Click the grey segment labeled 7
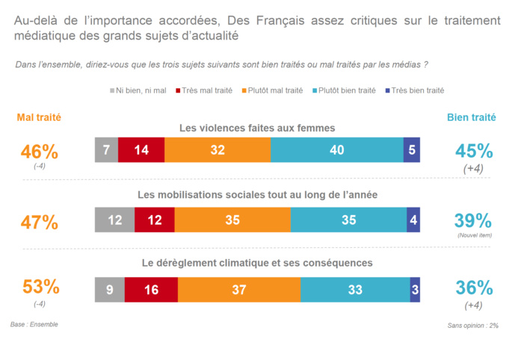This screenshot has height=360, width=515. point(106,150)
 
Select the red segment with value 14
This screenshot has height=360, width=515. point(141,150)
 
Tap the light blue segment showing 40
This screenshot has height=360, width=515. point(336,150)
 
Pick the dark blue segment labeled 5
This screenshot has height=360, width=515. point(412,150)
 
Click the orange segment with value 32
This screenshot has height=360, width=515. point(218,150)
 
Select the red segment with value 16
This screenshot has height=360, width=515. point(151,289)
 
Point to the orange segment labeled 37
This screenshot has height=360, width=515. point(239,289)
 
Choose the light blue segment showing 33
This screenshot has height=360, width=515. point(355,289)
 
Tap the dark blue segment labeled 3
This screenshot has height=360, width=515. point(415,289)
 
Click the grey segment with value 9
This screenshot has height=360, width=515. point(110,289)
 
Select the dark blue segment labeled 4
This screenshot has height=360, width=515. point(413,220)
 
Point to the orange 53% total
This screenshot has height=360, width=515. point(40,287)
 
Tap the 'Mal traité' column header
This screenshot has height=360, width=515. point(39,117)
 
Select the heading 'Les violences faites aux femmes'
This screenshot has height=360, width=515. point(256,128)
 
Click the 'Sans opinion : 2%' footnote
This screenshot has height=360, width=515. point(472,326)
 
